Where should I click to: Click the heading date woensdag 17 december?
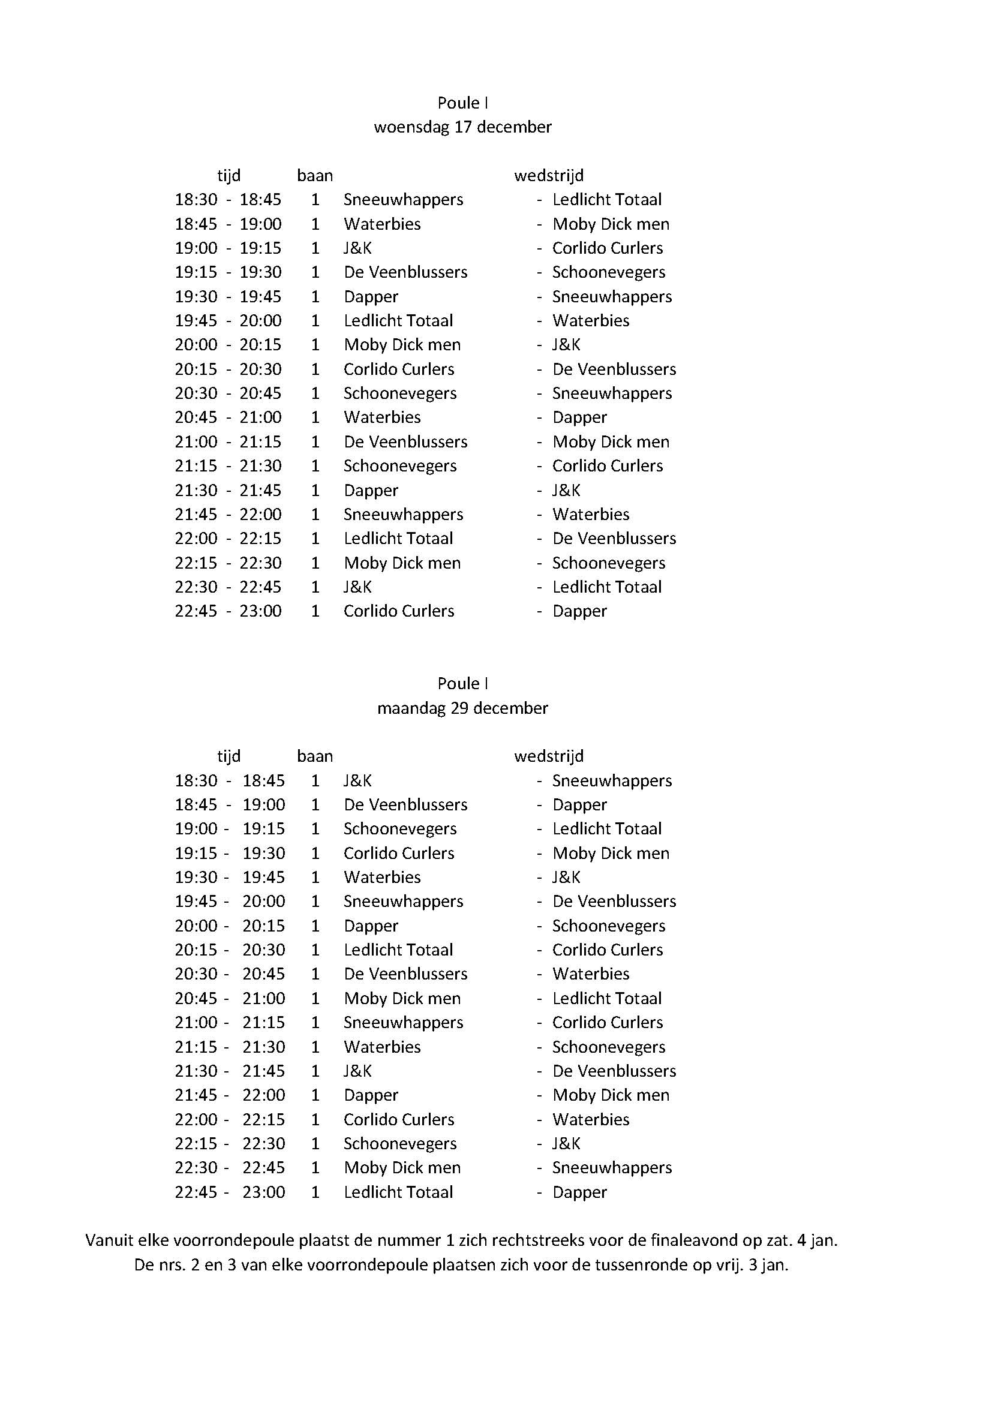(462, 127)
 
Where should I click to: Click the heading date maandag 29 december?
(462, 708)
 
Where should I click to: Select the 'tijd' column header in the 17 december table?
(229, 176)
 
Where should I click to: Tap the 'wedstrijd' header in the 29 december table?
(549, 756)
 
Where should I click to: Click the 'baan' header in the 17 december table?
(315, 176)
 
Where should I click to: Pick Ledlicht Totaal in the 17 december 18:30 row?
(606, 200)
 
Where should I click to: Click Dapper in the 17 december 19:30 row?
(371, 297)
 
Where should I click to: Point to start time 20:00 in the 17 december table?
(196, 346)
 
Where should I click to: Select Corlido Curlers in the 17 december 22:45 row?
(399, 612)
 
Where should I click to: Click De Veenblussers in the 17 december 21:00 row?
(405, 442)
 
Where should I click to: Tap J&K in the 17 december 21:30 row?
(566, 491)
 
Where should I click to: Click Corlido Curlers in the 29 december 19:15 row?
(399, 854)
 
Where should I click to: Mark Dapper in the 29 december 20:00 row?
(371, 926)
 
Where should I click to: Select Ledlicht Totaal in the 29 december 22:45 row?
(398, 1192)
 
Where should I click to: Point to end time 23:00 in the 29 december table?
(263, 1192)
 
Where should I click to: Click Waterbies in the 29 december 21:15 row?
(383, 1047)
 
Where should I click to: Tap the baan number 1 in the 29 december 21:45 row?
(315, 1096)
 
